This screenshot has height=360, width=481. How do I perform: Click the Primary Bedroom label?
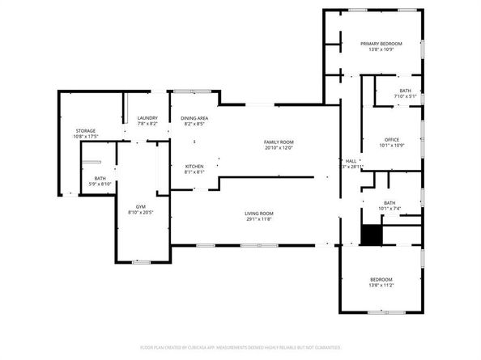(x=381, y=44)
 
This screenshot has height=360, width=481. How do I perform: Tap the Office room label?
(x=392, y=139)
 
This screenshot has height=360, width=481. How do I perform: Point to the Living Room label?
(x=259, y=213)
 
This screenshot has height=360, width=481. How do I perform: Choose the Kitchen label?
(x=194, y=166)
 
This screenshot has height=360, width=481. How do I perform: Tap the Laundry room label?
(x=147, y=118)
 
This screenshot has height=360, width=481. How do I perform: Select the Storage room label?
(x=86, y=130)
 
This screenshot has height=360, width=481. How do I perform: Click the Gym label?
(x=141, y=206)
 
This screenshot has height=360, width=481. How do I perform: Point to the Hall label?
(x=351, y=160)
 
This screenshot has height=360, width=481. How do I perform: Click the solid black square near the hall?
(x=370, y=235)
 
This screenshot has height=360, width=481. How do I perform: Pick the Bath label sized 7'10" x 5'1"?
(x=405, y=91)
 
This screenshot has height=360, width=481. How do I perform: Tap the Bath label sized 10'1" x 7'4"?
(x=389, y=203)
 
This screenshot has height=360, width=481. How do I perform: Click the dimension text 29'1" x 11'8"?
(x=259, y=218)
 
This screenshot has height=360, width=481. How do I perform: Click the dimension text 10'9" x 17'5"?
(x=86, y=136)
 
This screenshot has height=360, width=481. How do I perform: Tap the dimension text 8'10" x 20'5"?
(x=141, y=212)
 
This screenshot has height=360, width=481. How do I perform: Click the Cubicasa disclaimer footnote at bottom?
(x=240, y=347)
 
